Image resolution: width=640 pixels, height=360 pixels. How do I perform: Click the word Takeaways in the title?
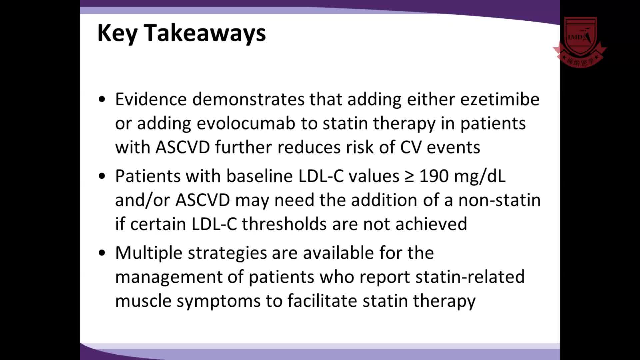click(x=205, y=33)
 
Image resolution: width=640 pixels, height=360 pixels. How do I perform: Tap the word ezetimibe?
click(x=500, y=99)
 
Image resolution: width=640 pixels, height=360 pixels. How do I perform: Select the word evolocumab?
click(x=246, y=123)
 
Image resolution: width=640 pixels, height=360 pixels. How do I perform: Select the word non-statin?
click(x=499, y=200)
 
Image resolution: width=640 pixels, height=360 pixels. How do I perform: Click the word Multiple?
click(x=149, y=253)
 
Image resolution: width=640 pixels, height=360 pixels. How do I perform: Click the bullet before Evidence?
click(x=102, y=99)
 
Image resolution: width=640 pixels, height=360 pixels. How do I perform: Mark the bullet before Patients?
click(x=102, y=176)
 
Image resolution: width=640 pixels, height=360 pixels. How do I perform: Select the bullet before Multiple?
click(x=102, y=253)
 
